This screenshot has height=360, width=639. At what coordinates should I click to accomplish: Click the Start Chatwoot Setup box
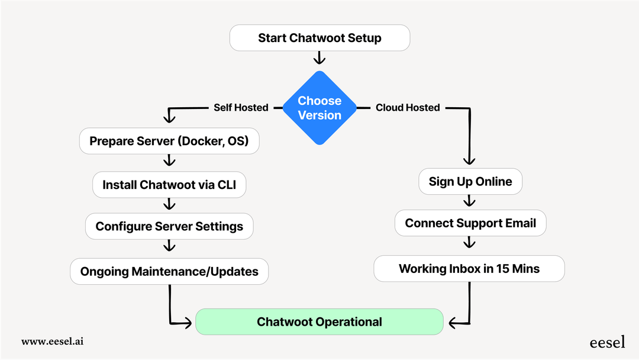319,38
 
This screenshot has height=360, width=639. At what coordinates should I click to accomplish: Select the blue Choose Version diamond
319,108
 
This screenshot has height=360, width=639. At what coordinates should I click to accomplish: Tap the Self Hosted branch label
240,108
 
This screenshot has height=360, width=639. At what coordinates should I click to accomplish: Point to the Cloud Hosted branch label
408,108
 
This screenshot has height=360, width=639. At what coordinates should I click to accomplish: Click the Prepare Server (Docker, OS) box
169,141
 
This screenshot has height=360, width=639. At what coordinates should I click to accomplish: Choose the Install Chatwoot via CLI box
169,185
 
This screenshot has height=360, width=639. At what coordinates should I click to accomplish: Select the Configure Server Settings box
169,226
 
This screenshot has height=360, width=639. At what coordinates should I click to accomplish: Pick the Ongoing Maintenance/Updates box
169,271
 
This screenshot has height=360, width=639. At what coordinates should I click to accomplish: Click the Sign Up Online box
470,181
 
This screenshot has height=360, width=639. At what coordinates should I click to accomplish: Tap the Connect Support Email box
470,223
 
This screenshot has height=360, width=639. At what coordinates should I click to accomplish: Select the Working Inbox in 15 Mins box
469,269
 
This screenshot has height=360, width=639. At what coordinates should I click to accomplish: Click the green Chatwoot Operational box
319,322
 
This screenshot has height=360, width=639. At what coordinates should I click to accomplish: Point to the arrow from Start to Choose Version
319,58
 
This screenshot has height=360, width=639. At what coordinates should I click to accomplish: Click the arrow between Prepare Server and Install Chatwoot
170,161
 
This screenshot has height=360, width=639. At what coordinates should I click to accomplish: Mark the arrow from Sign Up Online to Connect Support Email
470,201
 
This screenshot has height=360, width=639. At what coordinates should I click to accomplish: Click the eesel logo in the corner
606,342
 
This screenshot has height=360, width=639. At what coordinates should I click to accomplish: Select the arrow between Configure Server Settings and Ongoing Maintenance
170,246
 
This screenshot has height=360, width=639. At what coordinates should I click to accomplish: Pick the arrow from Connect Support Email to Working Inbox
470,243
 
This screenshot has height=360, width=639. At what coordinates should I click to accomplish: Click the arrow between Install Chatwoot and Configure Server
170,204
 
